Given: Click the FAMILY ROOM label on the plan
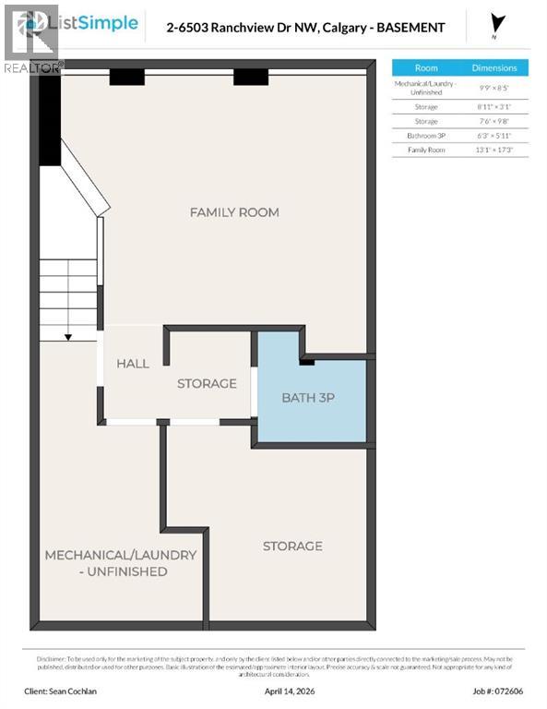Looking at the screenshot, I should pyautogui.click(x=234, y=212).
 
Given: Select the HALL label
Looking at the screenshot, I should pyautogui.click(x=133, y=364).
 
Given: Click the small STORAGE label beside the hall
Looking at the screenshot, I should pyautogui.click(x=207, y=383).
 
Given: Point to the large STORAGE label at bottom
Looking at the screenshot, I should pyautogui.click(x=292, y=546).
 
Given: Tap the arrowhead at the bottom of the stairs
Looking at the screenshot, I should pyautogui.click(x=68, y=337).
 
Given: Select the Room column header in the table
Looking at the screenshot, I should pyautogui.click(x=426, y=67).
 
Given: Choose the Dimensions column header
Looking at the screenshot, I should pyautogui.click(x=494, y=67).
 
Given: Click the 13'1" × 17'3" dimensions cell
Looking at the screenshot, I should pyautogui.click(x=494, y=150).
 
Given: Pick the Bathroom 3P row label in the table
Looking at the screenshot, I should pyautogui.click(x=426, y=136).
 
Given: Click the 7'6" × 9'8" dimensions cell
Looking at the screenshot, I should pyautogui.click(x=494, y=121).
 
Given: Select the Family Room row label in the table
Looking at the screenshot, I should pyautogui.click(x=426, y=150).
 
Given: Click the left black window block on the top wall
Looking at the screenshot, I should pyautogui.click(x=126, y=78).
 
